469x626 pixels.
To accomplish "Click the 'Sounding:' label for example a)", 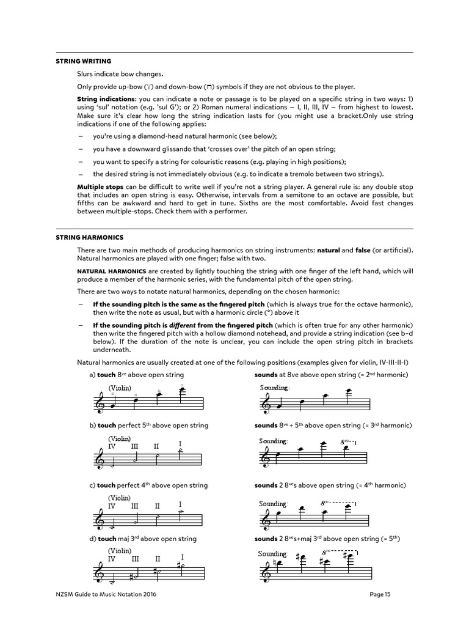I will (274, 388).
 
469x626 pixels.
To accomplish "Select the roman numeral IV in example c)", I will (112, 506).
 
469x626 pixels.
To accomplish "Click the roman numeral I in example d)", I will (182, 557).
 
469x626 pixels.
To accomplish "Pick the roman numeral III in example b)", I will (135, 447).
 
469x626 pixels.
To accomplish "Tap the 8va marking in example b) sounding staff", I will (346, 441).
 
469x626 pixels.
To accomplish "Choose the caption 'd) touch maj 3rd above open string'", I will (142, 539).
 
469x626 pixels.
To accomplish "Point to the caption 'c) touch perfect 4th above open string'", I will (148, 485).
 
